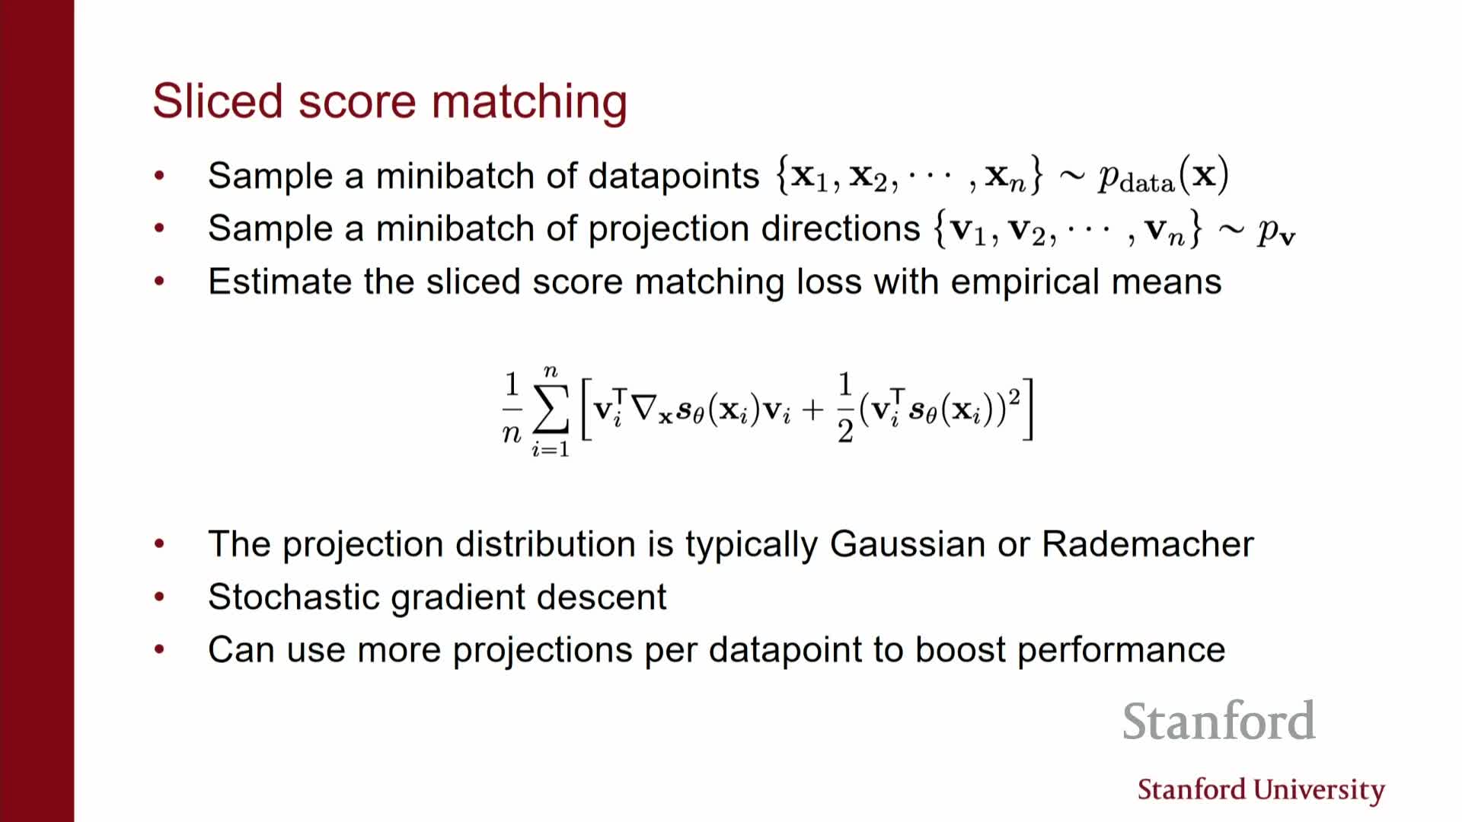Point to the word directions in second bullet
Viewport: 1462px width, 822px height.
coord(841,228)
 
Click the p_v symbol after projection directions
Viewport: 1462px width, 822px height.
coord(1276,231)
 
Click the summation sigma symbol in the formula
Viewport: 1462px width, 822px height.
coord(551,409)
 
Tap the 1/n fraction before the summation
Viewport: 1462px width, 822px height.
coord(512,409)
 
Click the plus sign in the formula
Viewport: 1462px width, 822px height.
coord(813,410)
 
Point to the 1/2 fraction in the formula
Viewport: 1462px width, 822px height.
coord(845,409)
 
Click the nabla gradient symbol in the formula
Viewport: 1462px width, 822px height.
coord(644,409)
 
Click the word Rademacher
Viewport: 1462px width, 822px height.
coord(1148,544)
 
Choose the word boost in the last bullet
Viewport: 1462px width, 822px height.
coord(960,650)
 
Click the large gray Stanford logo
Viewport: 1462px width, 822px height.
coord(1219,721)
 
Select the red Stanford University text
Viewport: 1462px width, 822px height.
coord(1261,790)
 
